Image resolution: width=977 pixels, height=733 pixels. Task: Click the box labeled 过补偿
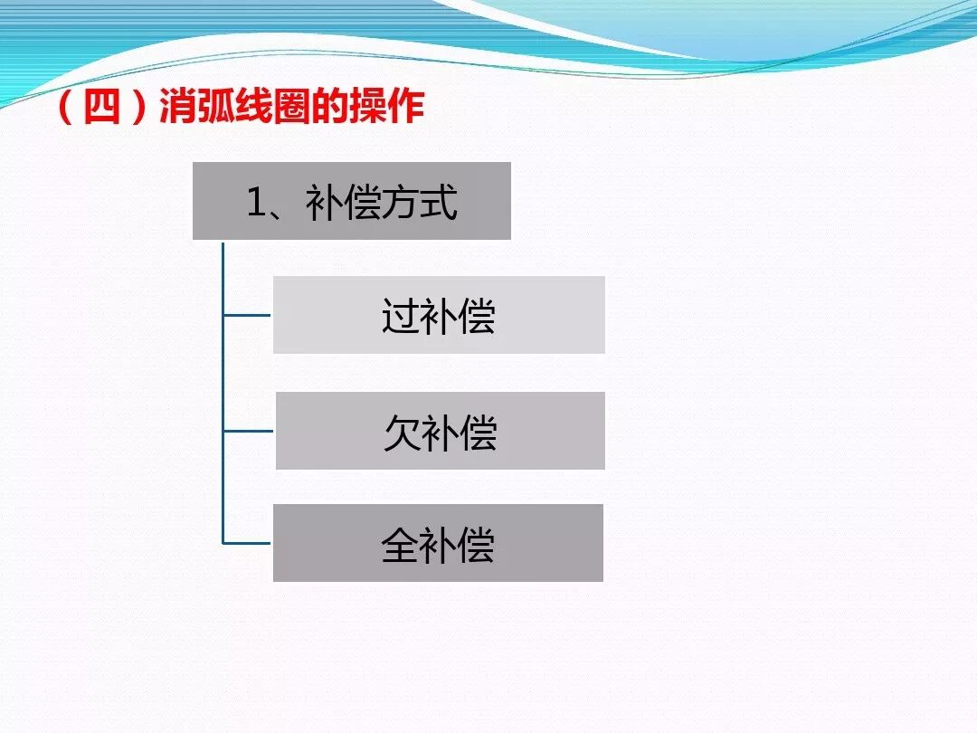[x=439, y=315]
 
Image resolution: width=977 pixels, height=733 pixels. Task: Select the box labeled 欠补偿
[x=440, y=431]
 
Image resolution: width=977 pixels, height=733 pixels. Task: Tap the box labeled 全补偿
[x=438, y=543]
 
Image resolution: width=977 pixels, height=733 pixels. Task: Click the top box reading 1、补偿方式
[x=352, y=201]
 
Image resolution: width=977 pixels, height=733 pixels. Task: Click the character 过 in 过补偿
[x=399, y=317]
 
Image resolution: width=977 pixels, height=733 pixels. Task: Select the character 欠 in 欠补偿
[x=401, y=433]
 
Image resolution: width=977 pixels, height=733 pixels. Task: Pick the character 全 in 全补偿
[x=399, y=545]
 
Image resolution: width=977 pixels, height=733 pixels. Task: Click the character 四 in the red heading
[x=101, y=109]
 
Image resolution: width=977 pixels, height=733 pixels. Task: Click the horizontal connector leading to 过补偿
[x=247, y=316]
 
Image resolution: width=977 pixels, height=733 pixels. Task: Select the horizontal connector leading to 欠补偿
[x=247, y=432]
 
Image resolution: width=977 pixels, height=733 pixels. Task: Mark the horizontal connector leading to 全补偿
[x=247, y=543]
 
